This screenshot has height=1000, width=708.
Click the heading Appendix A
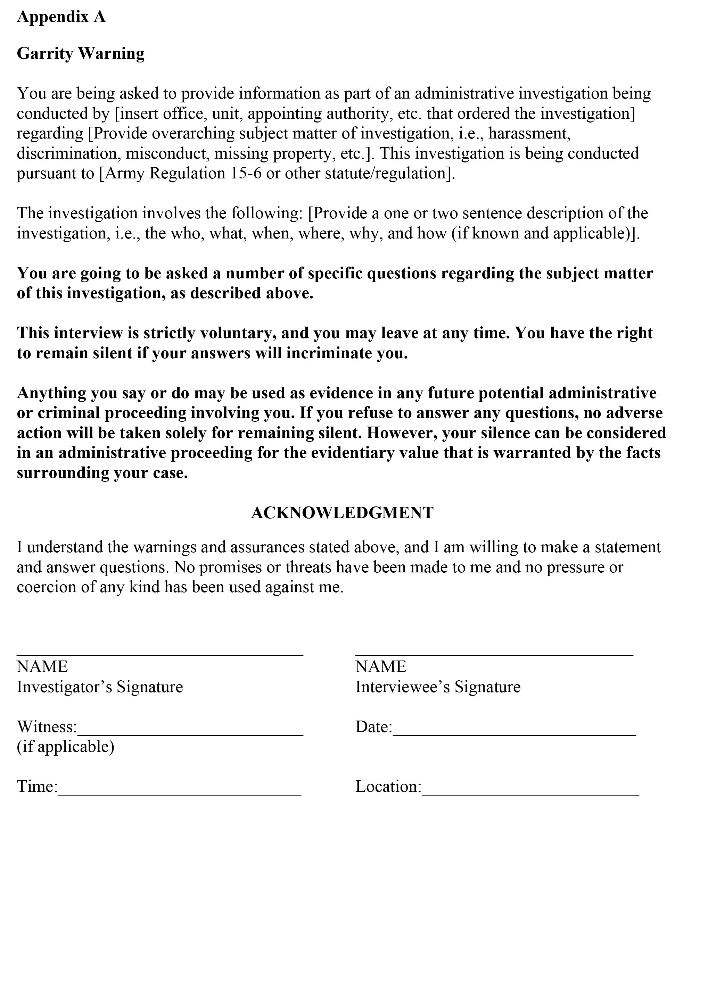[x=61, y=17]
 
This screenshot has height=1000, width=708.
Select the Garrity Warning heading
[x=81, y=53]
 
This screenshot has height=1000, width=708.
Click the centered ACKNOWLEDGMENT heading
[x=342, y=513]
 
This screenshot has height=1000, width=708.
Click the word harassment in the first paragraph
[x=529, y=133]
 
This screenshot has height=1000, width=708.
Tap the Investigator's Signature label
[x=100, y=687]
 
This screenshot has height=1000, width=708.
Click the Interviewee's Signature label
[x=438, y=687]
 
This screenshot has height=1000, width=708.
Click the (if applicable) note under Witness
[x=65, y=747]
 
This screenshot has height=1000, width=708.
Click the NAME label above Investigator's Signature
[x=42, y=667]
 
